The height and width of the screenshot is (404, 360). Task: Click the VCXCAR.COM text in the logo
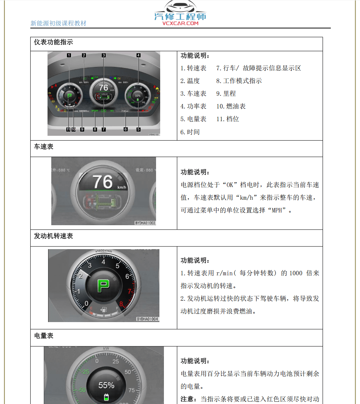pos(180,23)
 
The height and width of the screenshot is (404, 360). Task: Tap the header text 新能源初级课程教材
pos(58,23)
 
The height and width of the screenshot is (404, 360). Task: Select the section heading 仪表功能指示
pos(54,42)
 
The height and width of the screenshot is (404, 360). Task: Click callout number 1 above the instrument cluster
pos(69,55)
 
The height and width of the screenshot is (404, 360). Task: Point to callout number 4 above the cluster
pos(138,55)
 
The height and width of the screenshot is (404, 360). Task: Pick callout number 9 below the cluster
pos(82,129)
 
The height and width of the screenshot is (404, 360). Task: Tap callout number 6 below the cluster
pos(125,129)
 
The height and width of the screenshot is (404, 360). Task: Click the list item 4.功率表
pos(193,106)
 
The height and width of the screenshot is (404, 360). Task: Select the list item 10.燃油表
pos(231,106)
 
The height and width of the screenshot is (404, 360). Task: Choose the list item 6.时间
pos(190,132)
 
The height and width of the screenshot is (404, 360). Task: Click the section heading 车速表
pos(44,147)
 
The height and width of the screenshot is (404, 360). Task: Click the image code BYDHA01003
pos(145,223)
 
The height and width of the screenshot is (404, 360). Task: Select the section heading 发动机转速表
pos(54,236)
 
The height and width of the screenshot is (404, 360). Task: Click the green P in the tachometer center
pos(104,287)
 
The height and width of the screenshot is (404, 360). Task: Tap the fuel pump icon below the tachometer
pos(104,310)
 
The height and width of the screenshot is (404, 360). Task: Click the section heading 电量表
pos(44,336)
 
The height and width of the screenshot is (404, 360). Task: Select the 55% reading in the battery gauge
pos(106,385)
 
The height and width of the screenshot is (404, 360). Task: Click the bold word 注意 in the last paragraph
pos(189,399)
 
